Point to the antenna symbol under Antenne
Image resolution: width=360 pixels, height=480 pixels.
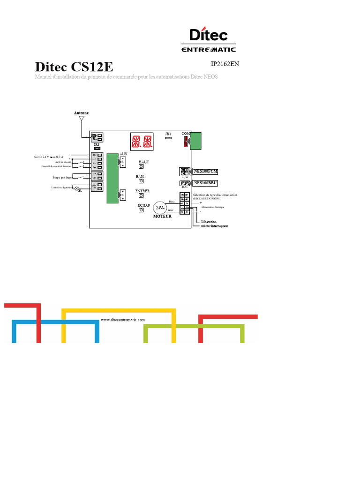pyautogui.click(x=81, y=119)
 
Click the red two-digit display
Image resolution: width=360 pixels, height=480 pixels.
pyautogui.click(x=142, y=141)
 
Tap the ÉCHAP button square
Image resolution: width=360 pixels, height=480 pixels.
pyautogui.click(x=141, y=210)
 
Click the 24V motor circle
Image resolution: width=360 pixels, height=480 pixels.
pyautogui.click(x=160, y=207)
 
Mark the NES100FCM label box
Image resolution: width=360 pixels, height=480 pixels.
pyautogui.click(x=206, y=171)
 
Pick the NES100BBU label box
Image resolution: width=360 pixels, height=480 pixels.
pyautogui.click(x=205, y=183)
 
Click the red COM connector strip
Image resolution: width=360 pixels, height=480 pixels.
pyautogui.click(x=186, y=141)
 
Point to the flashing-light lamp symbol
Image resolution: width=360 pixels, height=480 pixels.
pyautogui.click(x=77, y=188)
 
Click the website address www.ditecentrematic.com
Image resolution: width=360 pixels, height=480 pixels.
pyautogui.click(x=123, y=319)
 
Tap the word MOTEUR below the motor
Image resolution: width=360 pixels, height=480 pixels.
pyautogui.click(x=162, y=217)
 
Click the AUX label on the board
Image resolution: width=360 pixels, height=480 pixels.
pyautogui.click(x=123, y=154)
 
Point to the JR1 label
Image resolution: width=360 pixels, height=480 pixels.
pyautogui.click(x=168, y=134)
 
